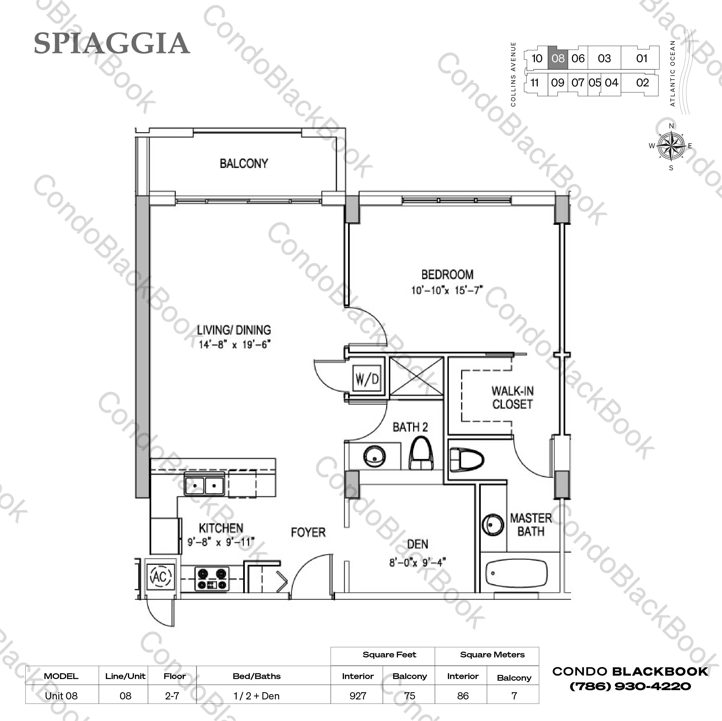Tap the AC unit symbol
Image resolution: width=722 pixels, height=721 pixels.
pyautogui.click(x=161, y=576)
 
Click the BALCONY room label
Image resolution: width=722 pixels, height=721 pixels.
pyautogui.click(x=244, y=164)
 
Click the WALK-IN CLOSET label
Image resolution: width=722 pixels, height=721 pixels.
pyautogui.click(x=512, y=398)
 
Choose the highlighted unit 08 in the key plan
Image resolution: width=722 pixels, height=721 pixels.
pyautogui.click(x=558, y=58)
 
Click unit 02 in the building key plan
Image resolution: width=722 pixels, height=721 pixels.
pyautogui.click(x=642, y=83)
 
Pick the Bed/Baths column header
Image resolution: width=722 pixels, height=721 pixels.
pyautogui.click(x=257, y=676)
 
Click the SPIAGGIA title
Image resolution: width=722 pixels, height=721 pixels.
pyautogui.click(x=112, y=43)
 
